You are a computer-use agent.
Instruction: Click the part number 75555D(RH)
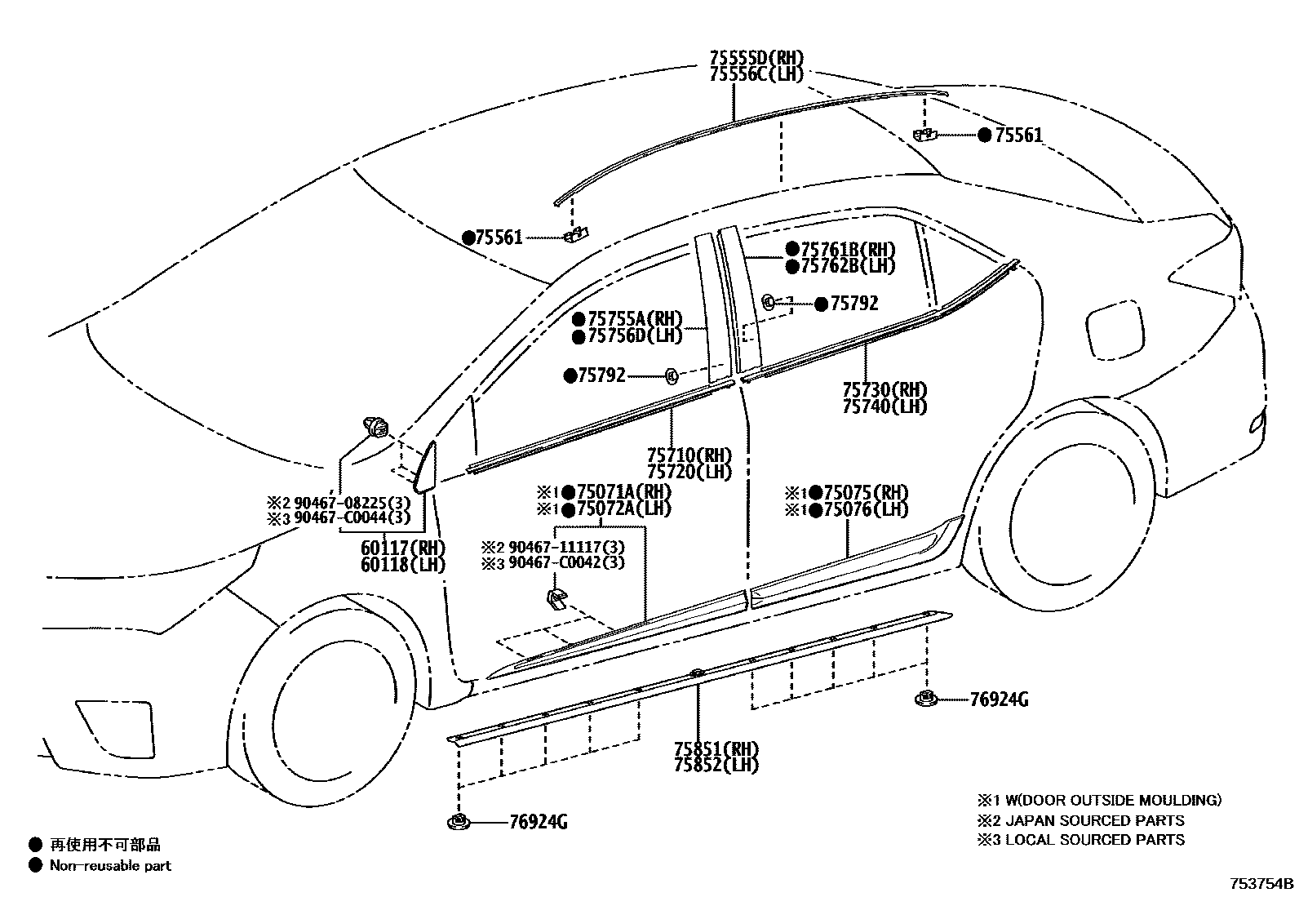coord(756,58)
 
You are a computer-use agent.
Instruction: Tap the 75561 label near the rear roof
coord(1018,135)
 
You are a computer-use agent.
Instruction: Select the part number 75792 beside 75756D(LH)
coord(601,375)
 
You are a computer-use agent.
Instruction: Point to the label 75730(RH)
coord(884,389)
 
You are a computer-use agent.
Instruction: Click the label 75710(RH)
coord(689,455)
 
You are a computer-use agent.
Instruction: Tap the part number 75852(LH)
coord(716,766)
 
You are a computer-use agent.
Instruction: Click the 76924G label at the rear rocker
coord(999,699)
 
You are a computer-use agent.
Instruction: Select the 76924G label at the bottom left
coord(538,823)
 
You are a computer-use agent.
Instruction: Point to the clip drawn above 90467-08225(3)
coord(376,426)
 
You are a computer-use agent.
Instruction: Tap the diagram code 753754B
coord(1261,883)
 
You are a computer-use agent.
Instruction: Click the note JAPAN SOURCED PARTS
coord(1095,820)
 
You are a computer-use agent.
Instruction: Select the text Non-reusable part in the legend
coord(110,866)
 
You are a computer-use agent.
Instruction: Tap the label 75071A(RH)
coord(623,492)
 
